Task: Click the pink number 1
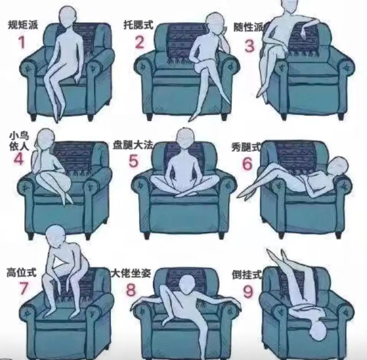click(x=22, y=42)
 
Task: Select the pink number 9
click(x=248, y=291)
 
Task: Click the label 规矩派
click(x=23, y=24)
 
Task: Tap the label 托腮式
click(x=138, y=25)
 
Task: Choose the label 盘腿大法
click(x=133, y=145)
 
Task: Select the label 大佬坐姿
click(x=131, y=273)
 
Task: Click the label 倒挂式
click(x=247, y=275)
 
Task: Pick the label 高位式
click(x=21, y=272)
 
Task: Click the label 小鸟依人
click(x=19, y=141)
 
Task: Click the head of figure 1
click(x=68, y=17)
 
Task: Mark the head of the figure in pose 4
click(x=45, y=138)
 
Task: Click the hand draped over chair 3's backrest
click(x=303, y=33)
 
